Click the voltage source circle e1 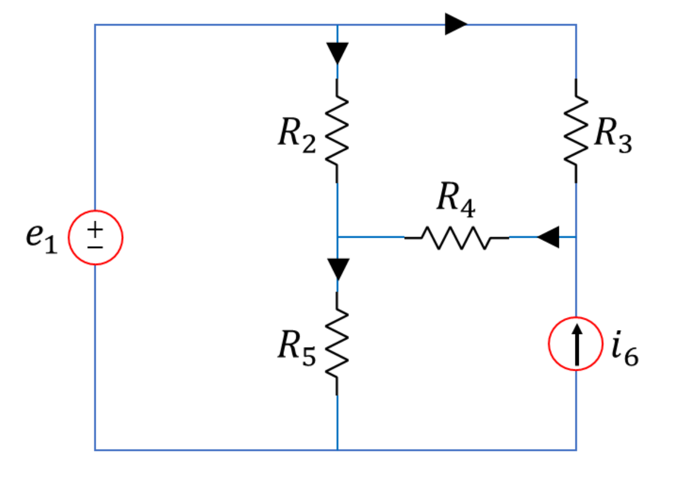(x=95, y=237)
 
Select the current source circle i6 (x=575, y=343)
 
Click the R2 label (x=296, y=136)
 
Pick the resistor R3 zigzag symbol (x=576, y=130)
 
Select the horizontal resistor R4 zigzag (x=456, y=237)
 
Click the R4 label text (x=456, y=201)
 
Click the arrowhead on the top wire (x=456, y=25)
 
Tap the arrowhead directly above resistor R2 (x=337, y=53)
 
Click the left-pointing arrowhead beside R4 (x=547, y=237)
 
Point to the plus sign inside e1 (x=95, y=229)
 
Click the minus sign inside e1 (x=95, y=246)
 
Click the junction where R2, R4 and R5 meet (x=337, y=237)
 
